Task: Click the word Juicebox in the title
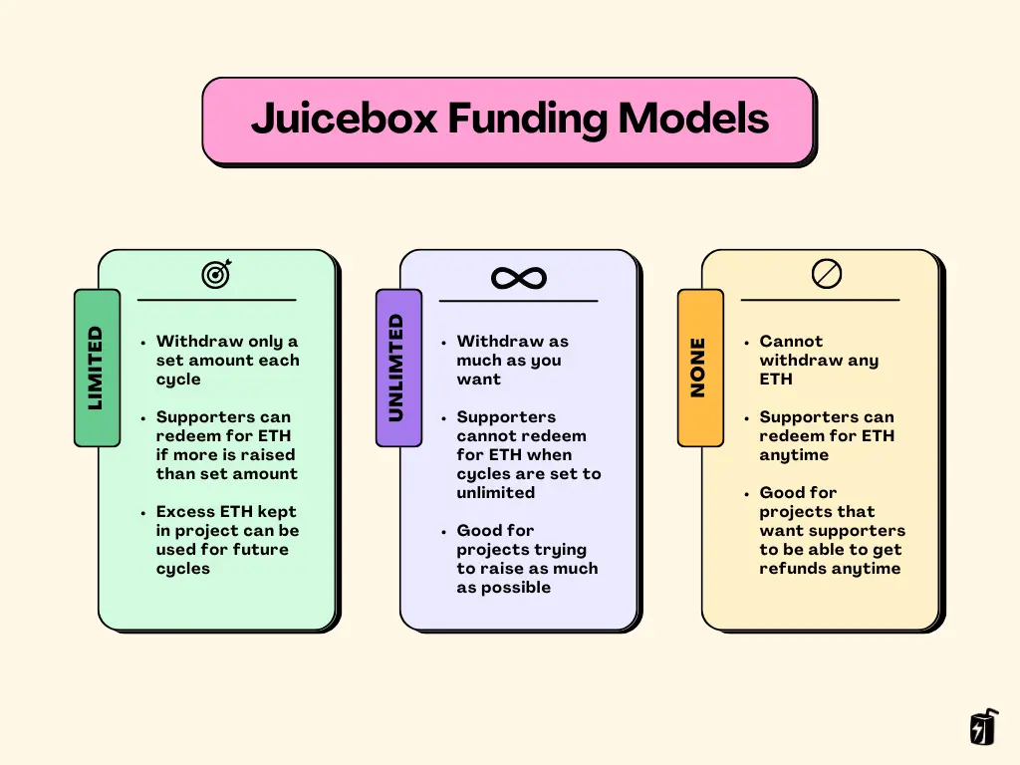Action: click(x=345, y=120)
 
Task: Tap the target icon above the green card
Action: click(x=216, y=273)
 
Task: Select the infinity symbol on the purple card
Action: click(x=519, y=278)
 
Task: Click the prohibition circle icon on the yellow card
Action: click(x=827, y=273)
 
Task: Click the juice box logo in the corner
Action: click(x=983, y=728)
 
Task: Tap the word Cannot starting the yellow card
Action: click(x=791, y=342)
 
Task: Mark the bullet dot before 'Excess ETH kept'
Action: click(x=143, y=513)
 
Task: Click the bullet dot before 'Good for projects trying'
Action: click(x=444, y=532)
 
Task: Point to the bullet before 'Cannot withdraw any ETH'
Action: click(x=747, y=343)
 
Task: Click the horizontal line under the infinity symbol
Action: click(x=518, y=300)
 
